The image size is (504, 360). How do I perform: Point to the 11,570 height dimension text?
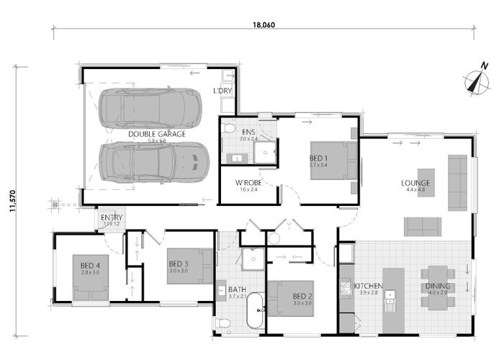pos(13,197)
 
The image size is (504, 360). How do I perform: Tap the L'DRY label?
pos(222,91)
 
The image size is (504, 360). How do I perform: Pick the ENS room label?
pos(248,132)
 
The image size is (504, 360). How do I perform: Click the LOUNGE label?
pos(415,182)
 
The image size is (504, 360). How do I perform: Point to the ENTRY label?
pos(112,218)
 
